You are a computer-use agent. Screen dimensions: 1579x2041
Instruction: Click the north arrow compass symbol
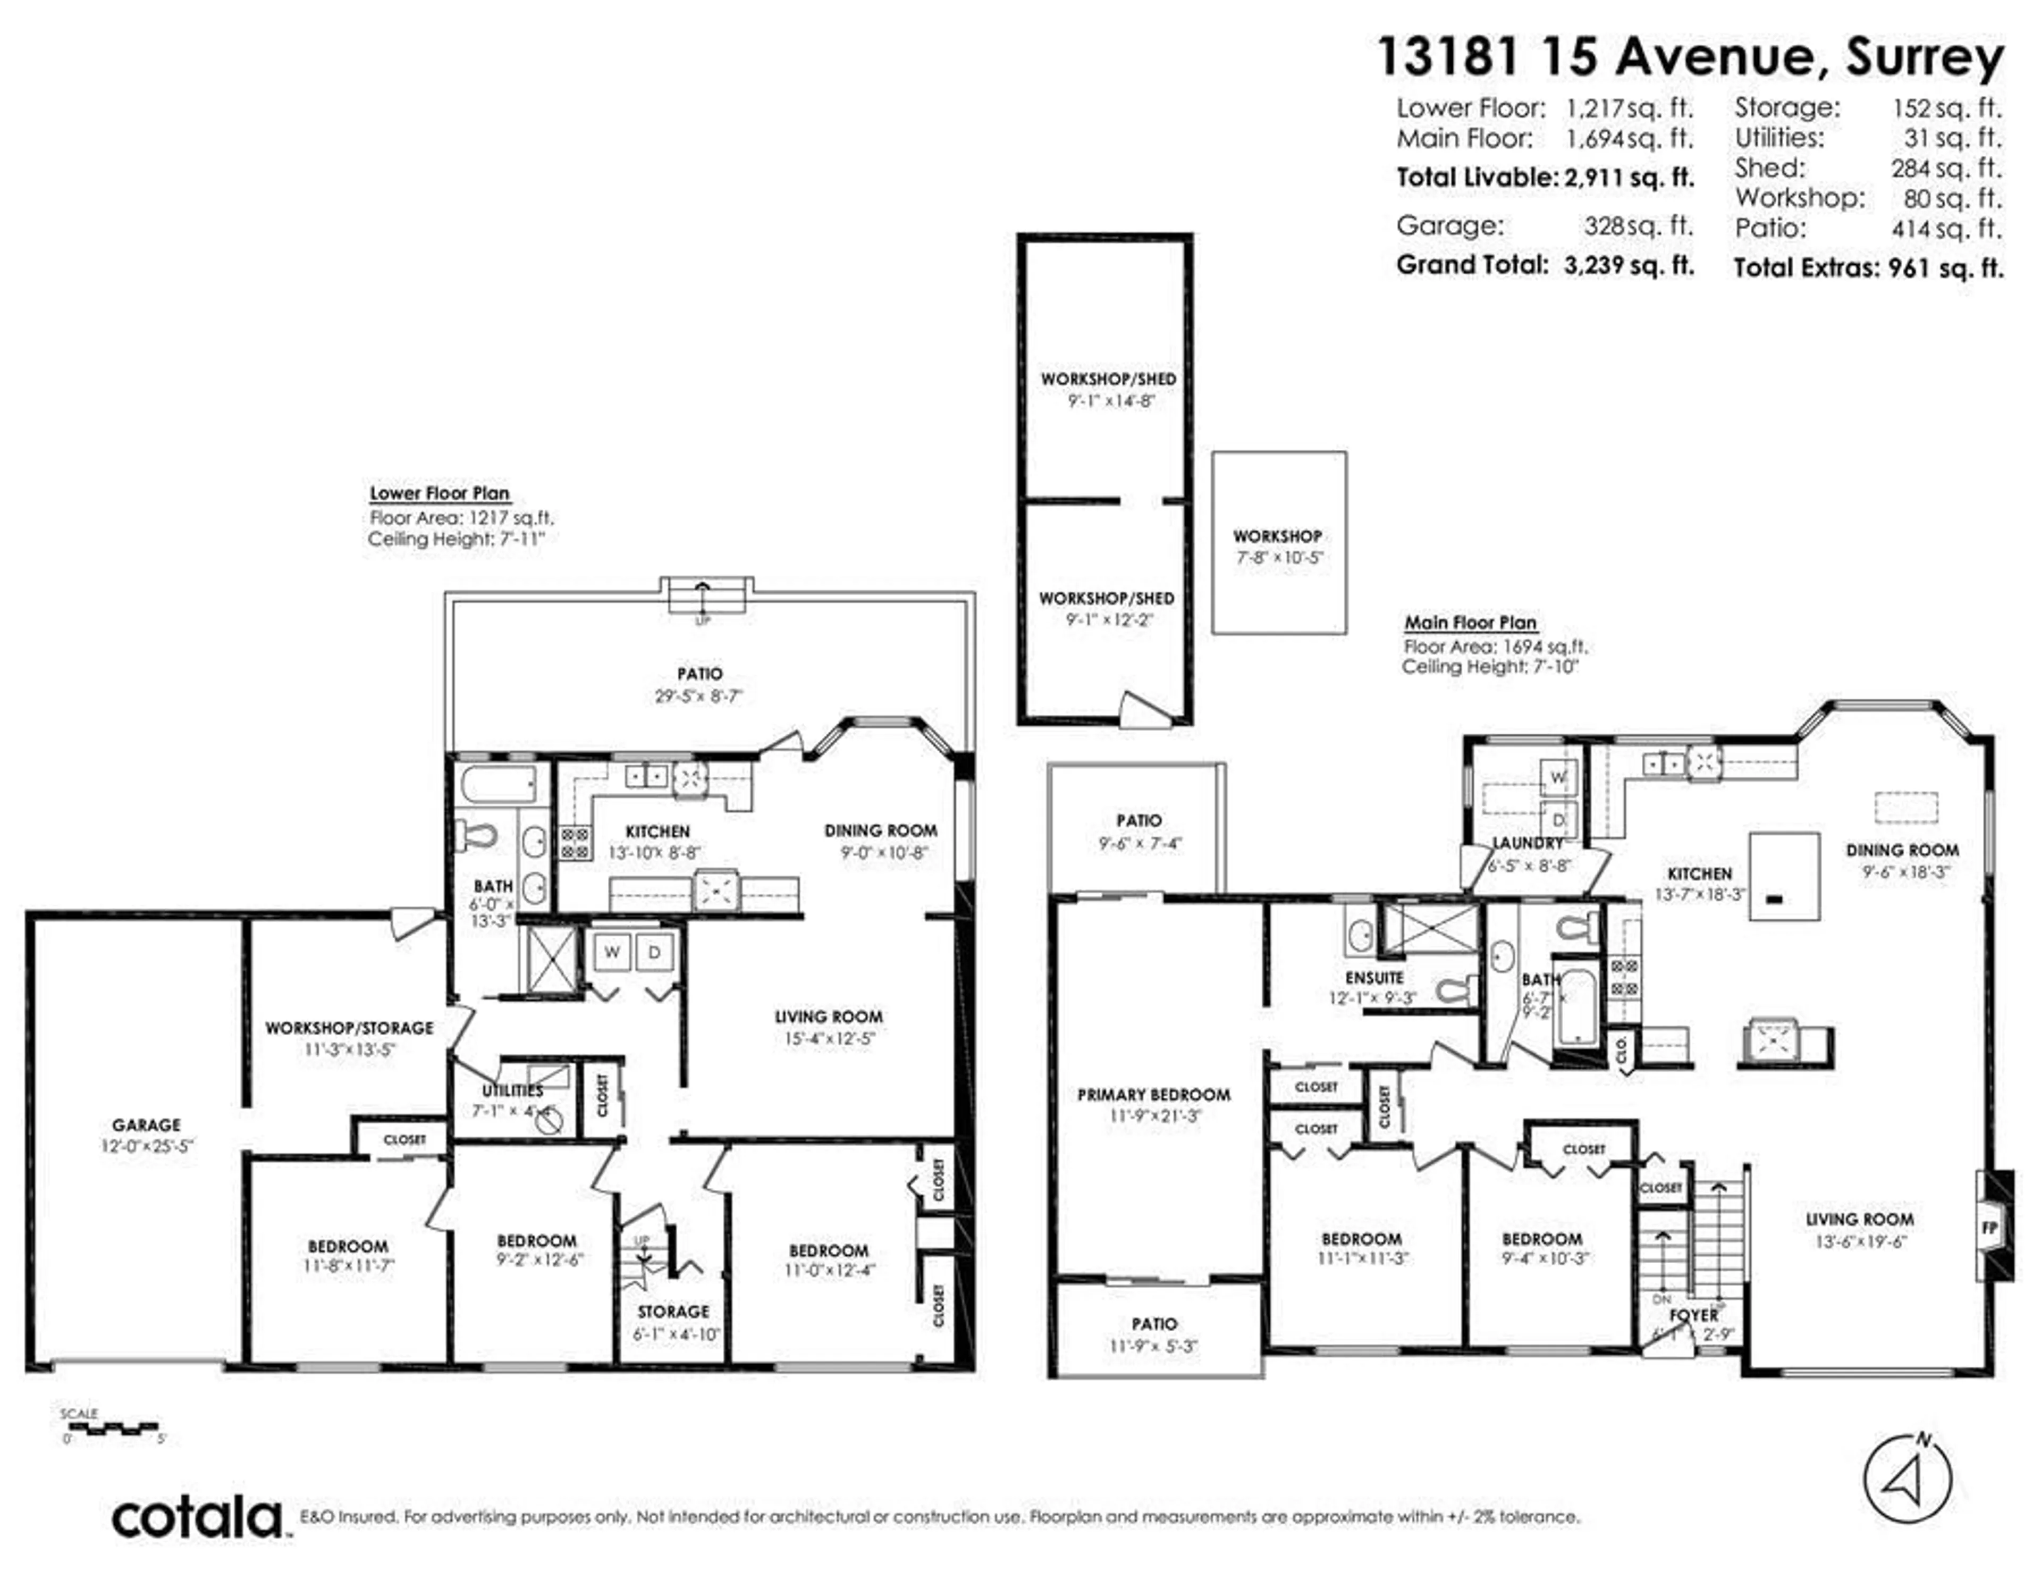1908,1478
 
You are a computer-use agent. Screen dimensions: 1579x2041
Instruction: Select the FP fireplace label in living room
1989,1228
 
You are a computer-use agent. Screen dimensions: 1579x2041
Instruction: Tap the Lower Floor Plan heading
439,493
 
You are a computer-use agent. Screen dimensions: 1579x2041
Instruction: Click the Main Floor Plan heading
1470,623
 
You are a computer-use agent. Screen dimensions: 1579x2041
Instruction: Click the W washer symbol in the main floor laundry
1558,777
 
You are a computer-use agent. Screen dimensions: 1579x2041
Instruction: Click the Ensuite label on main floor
1374,978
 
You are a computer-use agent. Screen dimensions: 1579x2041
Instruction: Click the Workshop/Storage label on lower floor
349,1028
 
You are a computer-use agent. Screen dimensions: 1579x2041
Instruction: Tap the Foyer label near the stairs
1693,1314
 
